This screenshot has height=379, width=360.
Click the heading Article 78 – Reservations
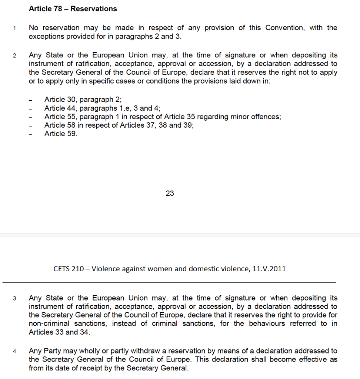click(73, 9)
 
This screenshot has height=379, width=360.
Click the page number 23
click(170, 193)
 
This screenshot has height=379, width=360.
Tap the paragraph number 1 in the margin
click(14, 28)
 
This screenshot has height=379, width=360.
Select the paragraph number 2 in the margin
click(14, 56)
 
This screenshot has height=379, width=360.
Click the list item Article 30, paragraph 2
click(83, 99)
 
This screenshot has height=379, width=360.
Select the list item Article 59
click(61, 134)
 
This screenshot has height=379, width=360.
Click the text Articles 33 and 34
click(59, 332)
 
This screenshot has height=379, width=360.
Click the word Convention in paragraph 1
click(284, 28)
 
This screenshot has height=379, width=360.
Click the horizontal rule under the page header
click(169, 282)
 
